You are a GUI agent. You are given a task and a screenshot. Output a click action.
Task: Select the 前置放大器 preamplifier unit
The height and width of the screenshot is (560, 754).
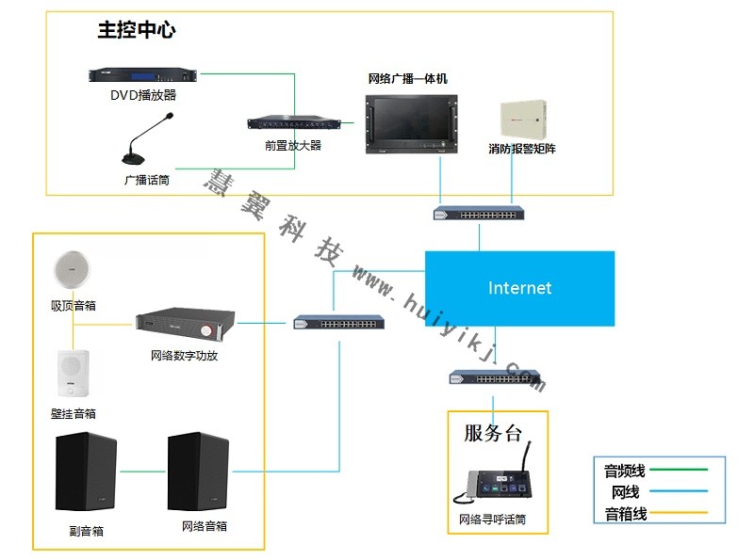[x=293, y=123]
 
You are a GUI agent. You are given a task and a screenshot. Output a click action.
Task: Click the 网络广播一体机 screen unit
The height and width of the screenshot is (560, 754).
[x=407, y=120]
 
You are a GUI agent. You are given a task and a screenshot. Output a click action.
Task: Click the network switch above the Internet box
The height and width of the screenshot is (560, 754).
[x=479, y=213]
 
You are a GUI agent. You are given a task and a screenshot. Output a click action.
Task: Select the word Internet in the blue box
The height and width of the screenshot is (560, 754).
[x=519, y=288]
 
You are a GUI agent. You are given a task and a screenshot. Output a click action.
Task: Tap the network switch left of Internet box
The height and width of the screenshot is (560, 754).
[x=338, y=323]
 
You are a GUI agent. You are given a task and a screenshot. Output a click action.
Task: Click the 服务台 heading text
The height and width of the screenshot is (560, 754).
[x=492, y=434]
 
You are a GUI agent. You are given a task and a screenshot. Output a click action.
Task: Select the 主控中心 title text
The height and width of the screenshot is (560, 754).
[x=137, y=30]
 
